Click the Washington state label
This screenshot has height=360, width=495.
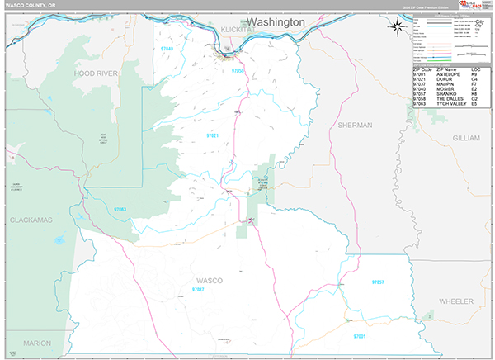coord(276,21)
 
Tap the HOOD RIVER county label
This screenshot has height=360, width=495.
coord(97,73)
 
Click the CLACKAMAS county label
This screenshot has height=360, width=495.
coord(32,220)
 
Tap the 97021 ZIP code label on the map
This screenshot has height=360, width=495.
coord(213,135)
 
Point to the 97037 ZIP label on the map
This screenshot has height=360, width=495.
coord(198,291)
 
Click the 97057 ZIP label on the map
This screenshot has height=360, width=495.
coord(378,282)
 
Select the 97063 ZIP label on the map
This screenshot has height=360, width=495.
coord(120,210)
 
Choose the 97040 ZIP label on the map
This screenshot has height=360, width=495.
coord(167,50)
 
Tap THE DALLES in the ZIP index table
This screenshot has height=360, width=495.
coord(451,97)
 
